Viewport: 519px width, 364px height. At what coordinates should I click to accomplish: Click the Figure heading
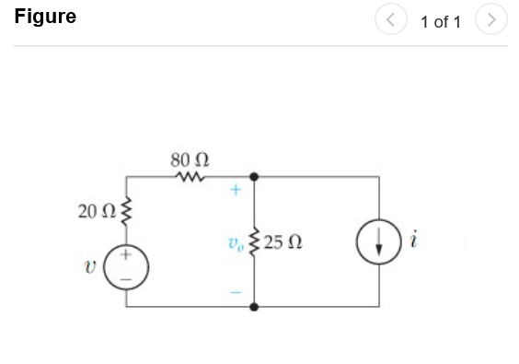[x=45, y=18]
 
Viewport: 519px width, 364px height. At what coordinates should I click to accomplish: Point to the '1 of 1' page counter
[x=441, y=21]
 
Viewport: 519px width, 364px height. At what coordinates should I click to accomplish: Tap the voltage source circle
[x=127, y=264]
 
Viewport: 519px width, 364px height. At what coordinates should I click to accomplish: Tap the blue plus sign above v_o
[x=236, y=192]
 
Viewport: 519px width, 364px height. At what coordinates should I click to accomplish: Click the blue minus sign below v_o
[x=236, y=294]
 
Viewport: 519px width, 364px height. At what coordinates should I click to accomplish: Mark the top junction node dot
[x=254, y=175]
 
